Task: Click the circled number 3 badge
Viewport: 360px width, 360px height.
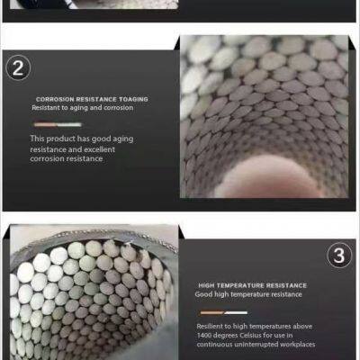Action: point(337,256)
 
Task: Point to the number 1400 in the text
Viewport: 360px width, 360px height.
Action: point(210,335)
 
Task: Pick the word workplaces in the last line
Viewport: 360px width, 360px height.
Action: point(298,343)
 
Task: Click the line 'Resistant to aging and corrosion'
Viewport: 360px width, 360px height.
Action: point(82,107)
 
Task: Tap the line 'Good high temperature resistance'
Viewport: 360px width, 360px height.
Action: point(249,294)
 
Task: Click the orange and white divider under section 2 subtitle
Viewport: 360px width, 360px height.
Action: point(58,121)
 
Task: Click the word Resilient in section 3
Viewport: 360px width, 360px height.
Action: point(211,326)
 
